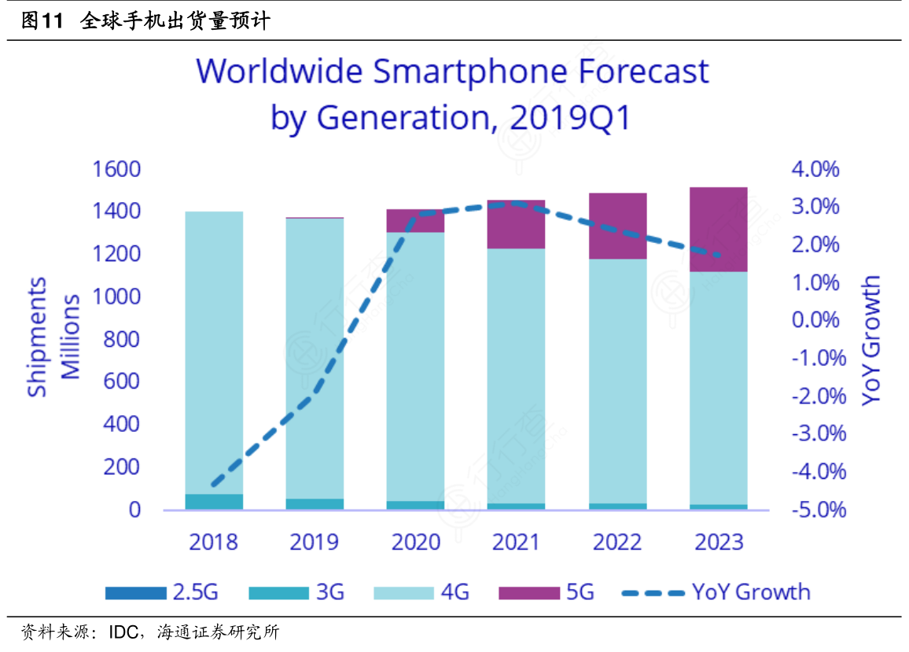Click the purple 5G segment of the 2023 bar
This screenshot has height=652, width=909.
click(x=718, y=229)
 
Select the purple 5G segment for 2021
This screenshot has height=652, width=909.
click(x=516, y=224)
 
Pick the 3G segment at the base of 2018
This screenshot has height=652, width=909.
click(x=214, y=501)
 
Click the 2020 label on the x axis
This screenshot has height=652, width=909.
click(x=415, y=542)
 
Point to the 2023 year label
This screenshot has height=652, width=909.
click(x=718, y=542)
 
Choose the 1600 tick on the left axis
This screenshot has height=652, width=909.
click(x=116, y=170)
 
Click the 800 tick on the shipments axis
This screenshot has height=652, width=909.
click(x=123, y=340)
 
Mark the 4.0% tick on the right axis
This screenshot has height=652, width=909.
click(x=815, y=170)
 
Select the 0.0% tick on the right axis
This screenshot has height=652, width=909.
click(x=815, y=321)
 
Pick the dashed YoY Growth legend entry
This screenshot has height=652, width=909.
click(x=716, y=591)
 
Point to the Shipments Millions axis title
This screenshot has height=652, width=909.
click(x=53, y=337)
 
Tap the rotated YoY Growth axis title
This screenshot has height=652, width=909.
click(x=871, y=340)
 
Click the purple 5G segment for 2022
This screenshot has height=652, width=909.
click(x=617, y=226)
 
